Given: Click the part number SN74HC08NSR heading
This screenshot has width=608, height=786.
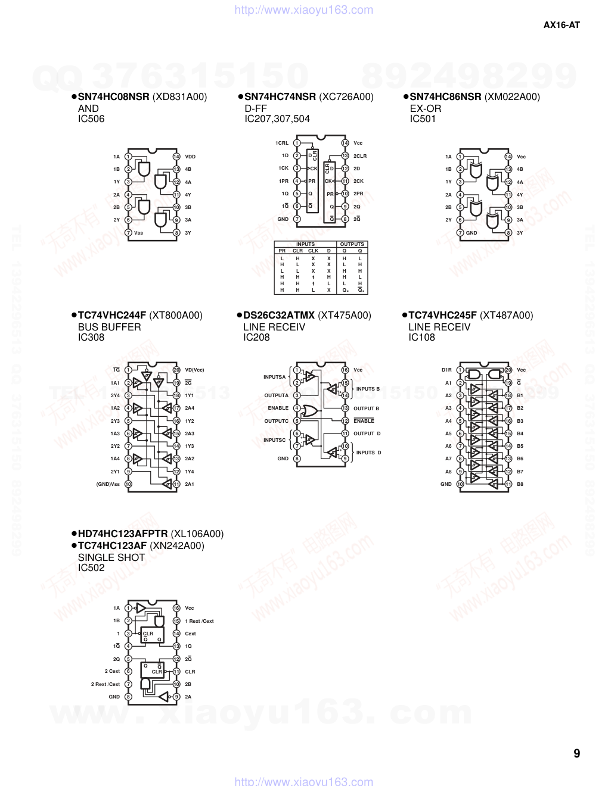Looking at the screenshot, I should (113, 97).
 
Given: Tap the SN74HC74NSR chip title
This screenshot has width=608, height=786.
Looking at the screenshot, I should (280, 97).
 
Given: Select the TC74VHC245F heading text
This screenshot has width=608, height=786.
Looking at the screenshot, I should (442, 316).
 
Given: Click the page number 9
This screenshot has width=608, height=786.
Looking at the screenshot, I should (576, 753).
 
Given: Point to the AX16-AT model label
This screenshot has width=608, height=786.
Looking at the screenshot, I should (562, 25).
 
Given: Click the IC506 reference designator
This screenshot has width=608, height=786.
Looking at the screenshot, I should (91, 119).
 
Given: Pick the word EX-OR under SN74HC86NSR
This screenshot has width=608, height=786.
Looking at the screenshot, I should (426, 108).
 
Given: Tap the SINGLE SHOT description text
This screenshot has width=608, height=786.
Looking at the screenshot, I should (111, 557).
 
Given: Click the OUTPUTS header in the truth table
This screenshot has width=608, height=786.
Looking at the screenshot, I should (352, 244).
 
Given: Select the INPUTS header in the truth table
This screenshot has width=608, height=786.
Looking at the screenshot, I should (305, 244).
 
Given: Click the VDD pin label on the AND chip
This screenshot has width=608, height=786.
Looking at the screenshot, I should (190, 157).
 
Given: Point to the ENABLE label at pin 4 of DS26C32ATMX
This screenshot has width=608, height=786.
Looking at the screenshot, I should (278, 408).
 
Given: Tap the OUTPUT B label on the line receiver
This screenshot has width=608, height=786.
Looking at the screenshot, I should (366, 408).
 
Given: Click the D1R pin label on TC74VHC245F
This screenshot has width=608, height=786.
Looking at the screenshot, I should (446, 370).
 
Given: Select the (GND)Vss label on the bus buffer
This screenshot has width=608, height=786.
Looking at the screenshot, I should (108, 484).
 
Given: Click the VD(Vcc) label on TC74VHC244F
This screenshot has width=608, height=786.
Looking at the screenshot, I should (194, 370).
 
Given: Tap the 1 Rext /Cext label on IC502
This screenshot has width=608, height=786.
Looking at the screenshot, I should (199, 621).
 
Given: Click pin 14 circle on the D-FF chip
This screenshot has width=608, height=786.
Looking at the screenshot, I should (345, 143).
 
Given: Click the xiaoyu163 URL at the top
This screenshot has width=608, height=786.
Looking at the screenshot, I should (304, 10).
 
